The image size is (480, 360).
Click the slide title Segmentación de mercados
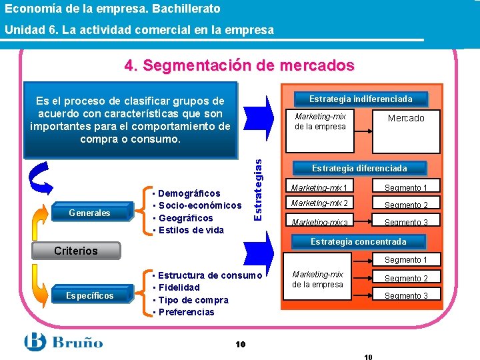click(x=239, y=66)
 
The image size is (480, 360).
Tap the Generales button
click(x=90, y=213)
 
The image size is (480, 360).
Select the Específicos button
click(x=90, y=295)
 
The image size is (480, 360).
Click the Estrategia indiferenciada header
click(x=361, y=99)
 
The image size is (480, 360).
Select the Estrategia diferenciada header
click(x=359, y=168)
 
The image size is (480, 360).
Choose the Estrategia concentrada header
click(x=359, y=241)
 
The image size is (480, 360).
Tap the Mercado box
click(x=406, y=118)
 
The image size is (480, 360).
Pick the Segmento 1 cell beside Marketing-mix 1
click(x=406, y=188)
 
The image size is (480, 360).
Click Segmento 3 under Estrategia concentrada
click(x=406, y=296)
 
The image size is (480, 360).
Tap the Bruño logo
click(x=63, y=343)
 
